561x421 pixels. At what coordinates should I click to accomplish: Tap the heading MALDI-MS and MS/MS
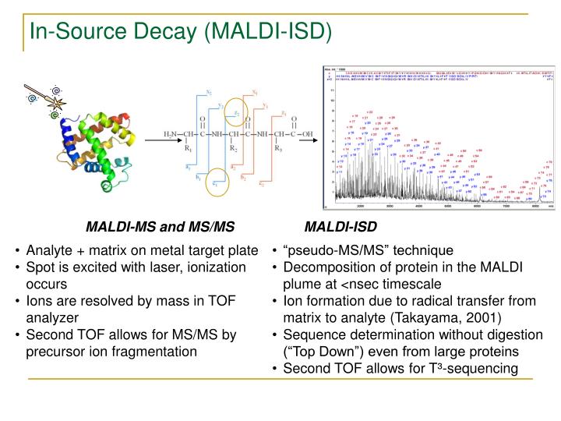click(x=160, y=228)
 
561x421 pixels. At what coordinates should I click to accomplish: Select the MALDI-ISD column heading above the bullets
click(x=340, y=228)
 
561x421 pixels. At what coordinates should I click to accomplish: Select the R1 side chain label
click(x=188, y=147)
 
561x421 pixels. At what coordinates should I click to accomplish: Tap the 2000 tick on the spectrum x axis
click(x=361, y=206)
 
